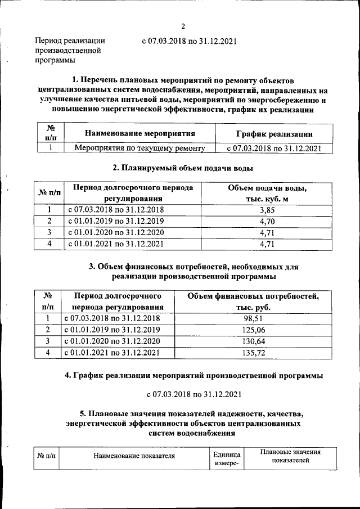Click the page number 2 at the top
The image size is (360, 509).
click(x=183, y=26)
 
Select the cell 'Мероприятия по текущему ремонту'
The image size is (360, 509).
click(x=139, y=148)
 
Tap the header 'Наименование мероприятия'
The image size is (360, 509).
click(x=139, y=134)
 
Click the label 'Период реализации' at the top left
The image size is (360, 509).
click(x=70, y=40)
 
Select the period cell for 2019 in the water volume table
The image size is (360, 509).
click(x=116, y=221)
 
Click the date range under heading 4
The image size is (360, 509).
click(x=193, y=393)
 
